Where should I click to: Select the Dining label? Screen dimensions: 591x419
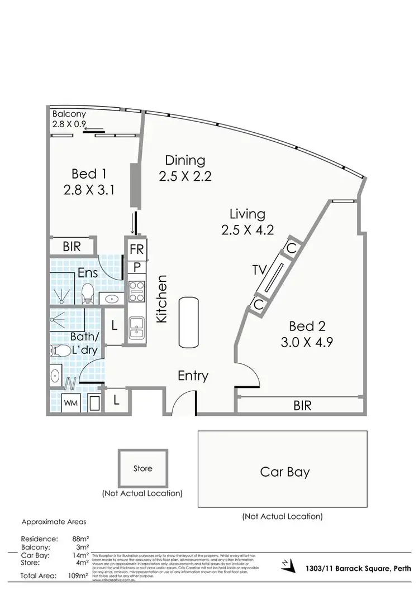click(x=185, y=160)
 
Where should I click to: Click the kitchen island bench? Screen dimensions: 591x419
click(x=189, y=322)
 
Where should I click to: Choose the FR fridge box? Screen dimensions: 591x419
click(x=137, y=249)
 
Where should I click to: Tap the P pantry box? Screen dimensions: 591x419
click(x=136, y=267)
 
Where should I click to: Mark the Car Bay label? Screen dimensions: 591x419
click(x=285, y=472)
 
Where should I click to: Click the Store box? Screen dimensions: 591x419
click(x=142, y=468)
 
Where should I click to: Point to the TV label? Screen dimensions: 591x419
click(x=259, y=270)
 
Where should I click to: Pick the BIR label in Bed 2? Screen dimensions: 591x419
click(x=302, y=405)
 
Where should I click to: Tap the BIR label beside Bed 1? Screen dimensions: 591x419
click(x=72, y=247)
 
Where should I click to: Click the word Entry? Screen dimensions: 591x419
click(x=193, y=376)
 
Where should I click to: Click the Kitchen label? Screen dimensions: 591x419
click(x=162, y=299)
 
